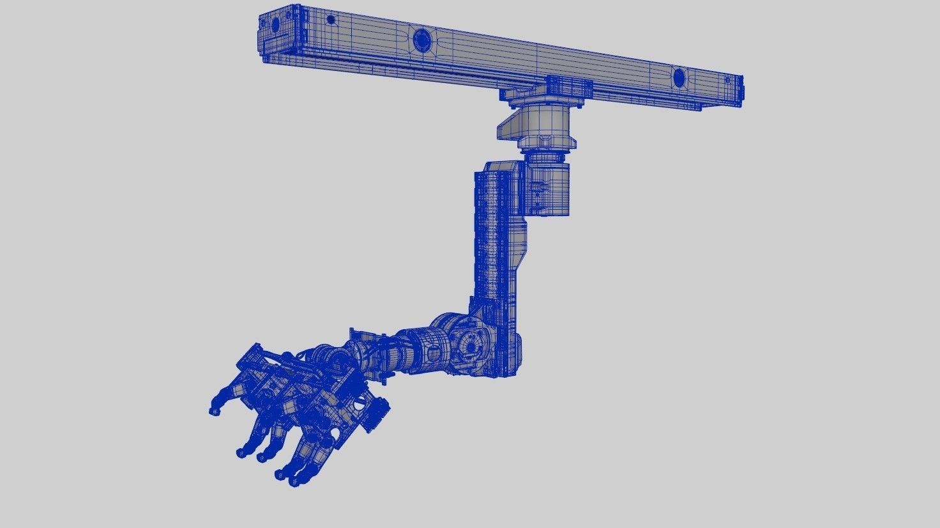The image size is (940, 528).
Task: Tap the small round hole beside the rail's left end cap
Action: coord(331,20)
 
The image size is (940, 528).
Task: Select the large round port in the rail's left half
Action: coord(422,38)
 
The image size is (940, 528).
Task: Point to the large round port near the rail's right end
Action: coord(679,78)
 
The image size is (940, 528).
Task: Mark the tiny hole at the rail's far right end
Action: coord(727,80)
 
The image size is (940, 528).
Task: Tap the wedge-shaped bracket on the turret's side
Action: coord(510,126)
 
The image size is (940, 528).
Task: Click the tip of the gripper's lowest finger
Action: coord(294,481)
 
